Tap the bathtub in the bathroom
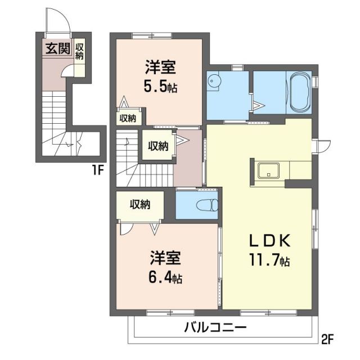click(x=299, y=92)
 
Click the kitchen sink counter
click(x=269, y=170)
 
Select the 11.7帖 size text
click(x=270, y=261)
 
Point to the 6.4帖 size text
click(x=165, y=277)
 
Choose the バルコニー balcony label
click(x=215, y=328)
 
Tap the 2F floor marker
click(x=328, y=339)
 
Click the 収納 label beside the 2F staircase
click(x=158, y=145)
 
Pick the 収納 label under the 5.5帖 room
click(x=128, y=118)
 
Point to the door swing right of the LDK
click(x=321, y=145)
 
